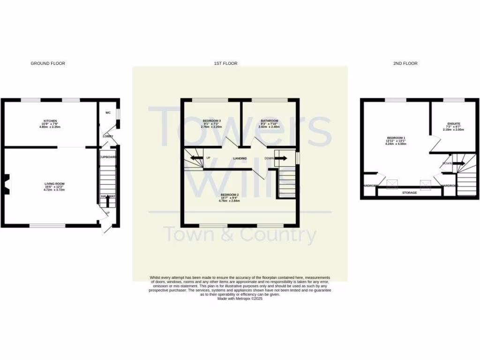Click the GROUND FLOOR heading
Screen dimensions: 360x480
click(48, 63)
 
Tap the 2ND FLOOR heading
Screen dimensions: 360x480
click(405, 63)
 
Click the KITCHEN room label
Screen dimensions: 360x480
click(50, 121)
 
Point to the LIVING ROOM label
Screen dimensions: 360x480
click(54, 184)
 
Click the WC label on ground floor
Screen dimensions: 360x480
click(108, 113)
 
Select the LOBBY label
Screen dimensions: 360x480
click(108, 136)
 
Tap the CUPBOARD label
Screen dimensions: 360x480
click(108, 157)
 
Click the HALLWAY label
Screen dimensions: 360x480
click(108, 196)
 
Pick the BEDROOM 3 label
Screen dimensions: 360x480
click(211, 121)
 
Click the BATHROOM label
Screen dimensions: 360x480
click(270, 121)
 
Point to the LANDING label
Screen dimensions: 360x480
click(240, 158)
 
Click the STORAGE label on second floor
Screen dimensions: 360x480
click(409, 193)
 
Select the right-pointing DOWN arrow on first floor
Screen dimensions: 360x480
click(281, 158)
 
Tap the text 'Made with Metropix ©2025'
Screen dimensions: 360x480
click(240, 299)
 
